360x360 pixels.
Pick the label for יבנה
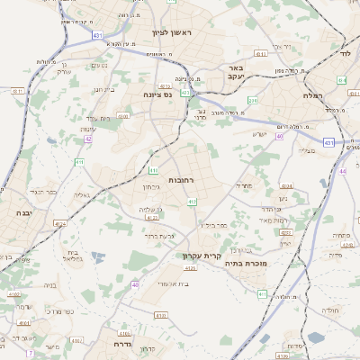point(21,213)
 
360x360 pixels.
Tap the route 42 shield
point(88,139)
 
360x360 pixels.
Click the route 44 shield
point(342,170)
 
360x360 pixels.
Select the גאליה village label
point(82,194)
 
